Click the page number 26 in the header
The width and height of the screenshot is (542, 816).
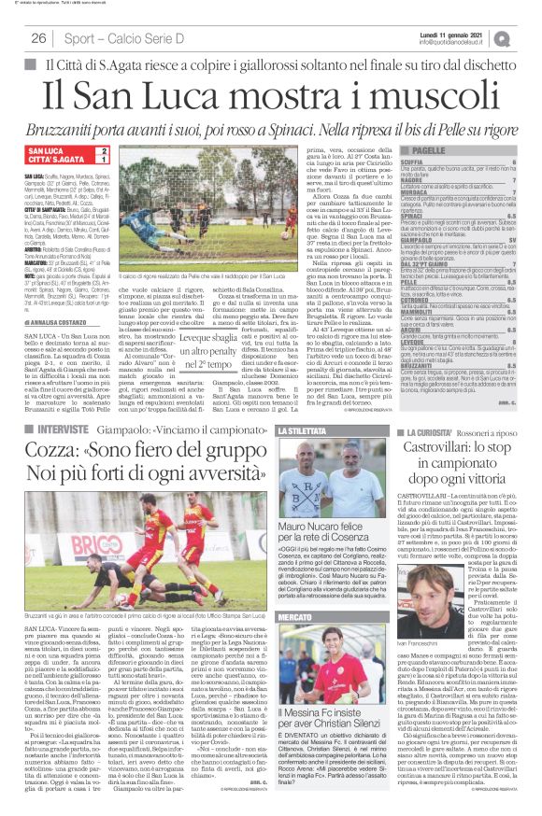click(x=39, y=37)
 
